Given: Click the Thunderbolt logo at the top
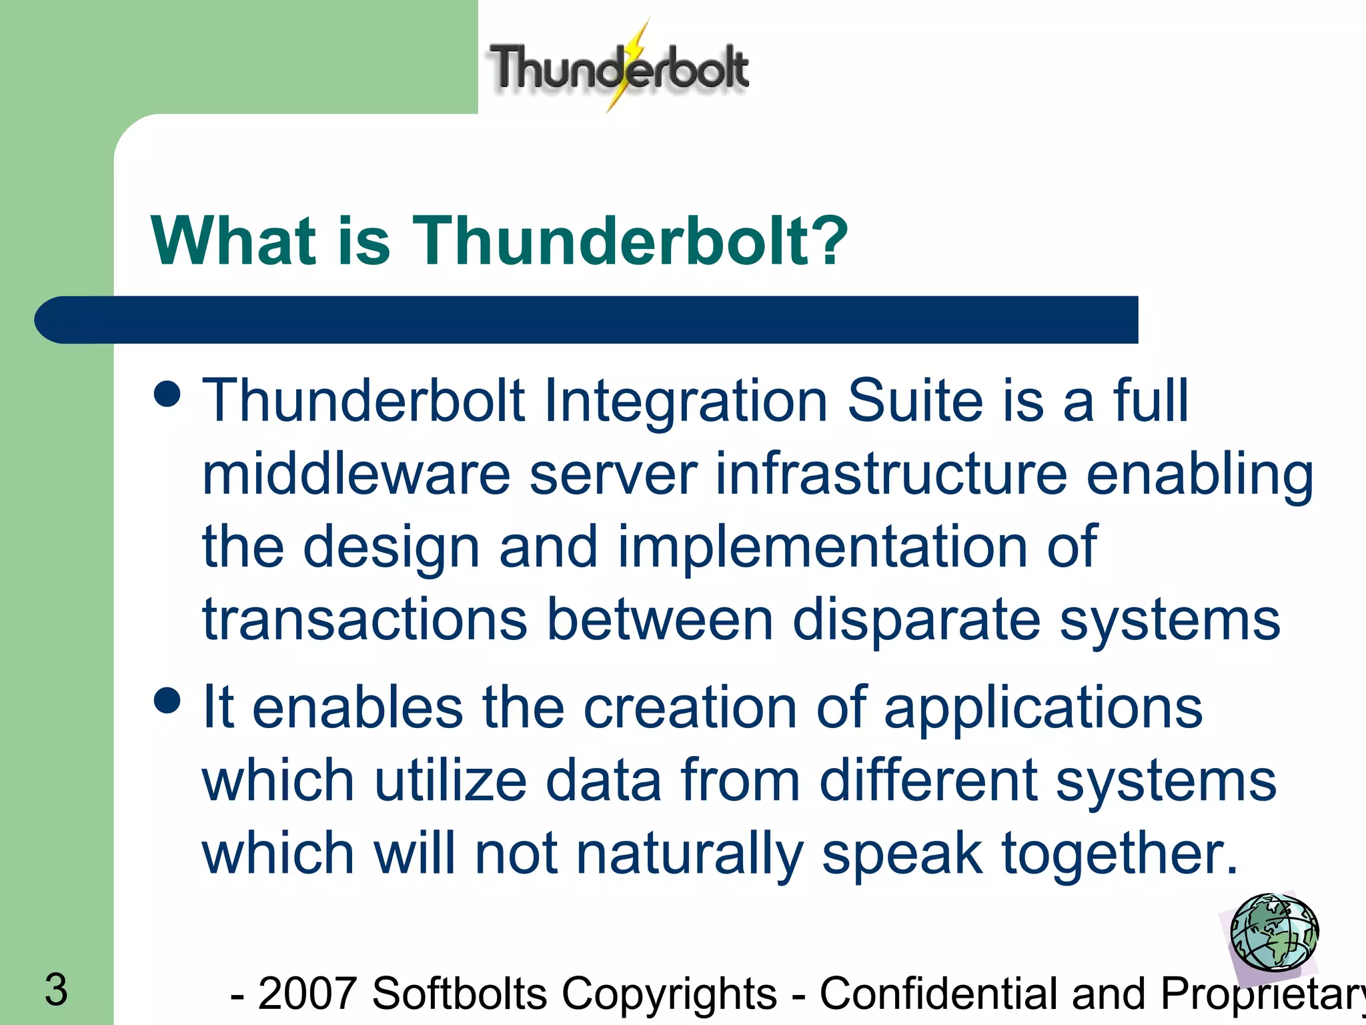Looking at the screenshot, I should click(x=619, y=67).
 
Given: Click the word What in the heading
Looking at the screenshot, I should click(x=233, y=241).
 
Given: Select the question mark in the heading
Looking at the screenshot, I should click(x=828, y=241).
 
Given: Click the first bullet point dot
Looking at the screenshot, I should click(x=167, y=393).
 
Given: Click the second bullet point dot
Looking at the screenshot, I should click(x=167, y=701).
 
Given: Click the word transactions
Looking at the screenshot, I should click(x=364, y=619).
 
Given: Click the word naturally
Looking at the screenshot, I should click(x=690, y=855).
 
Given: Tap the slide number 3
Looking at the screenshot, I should click(x=56, y=990).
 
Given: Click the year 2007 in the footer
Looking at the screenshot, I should click(x=306, y=994).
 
